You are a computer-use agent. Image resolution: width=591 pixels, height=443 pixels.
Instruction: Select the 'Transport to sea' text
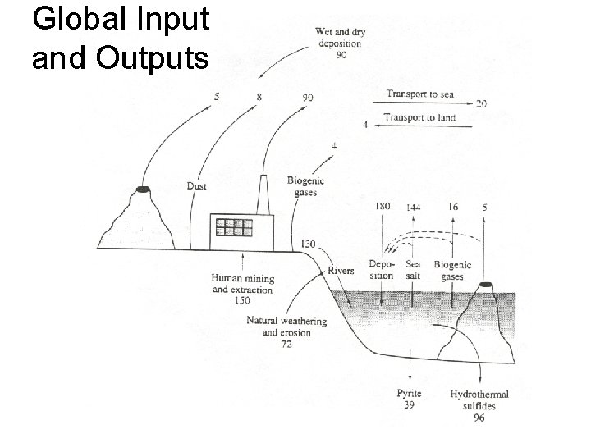419,94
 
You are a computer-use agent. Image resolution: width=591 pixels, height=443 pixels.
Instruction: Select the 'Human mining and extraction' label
242,285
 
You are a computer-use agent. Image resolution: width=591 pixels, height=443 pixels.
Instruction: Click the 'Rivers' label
341,270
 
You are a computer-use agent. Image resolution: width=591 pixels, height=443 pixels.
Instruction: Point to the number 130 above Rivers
309,244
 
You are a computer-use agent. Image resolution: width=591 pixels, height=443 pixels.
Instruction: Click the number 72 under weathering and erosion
286,345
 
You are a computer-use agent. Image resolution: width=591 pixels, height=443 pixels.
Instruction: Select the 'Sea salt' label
413,271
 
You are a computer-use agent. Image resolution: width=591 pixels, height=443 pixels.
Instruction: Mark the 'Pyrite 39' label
409,400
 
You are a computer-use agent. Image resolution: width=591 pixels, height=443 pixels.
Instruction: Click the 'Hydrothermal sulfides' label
479,400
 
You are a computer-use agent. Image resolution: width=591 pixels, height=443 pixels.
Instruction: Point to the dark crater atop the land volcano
143,190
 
